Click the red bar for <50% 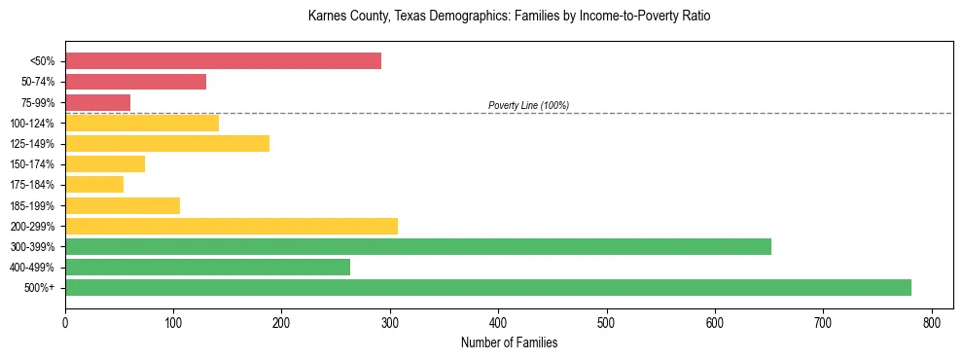click(x=223, y=61)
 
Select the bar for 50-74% click(x=135, y=82)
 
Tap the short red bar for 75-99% click(x=97, y=102)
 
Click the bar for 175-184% click(x=94, y=185)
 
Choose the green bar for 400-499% click(x=207, y=267)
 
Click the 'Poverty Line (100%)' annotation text click(x=528, y=105)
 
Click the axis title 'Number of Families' click(x=509, y=342)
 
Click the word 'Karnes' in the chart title click(x=326, y=17)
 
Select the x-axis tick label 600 click(x=715, y=321)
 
